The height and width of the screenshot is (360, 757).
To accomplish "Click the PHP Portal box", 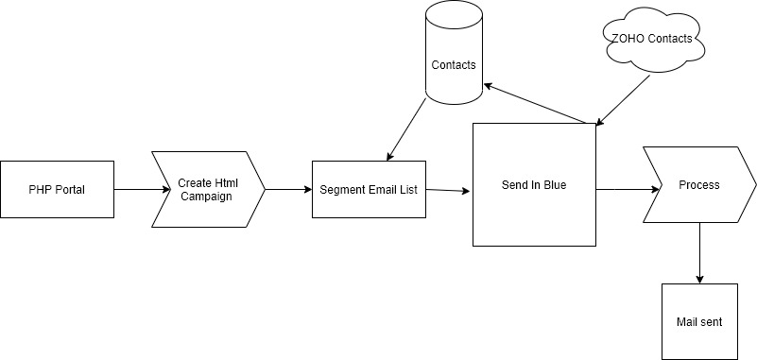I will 57,188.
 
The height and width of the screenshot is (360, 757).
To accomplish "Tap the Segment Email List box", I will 368,189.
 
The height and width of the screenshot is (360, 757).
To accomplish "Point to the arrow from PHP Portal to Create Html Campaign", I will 132,189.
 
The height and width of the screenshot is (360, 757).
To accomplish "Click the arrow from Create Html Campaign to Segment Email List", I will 288,189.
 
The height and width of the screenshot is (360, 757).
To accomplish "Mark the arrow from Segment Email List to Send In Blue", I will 448,191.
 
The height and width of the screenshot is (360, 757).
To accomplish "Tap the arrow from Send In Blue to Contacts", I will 539,104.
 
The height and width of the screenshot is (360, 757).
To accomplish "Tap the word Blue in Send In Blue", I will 554,185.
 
